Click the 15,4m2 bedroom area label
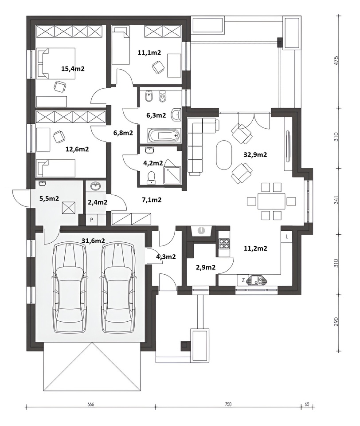73,69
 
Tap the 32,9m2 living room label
255,154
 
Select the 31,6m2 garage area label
93,241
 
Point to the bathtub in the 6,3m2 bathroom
164,135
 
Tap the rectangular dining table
271,201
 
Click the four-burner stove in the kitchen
224,244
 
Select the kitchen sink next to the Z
257,280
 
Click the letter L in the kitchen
287,237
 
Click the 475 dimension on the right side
337,60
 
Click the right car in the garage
118,288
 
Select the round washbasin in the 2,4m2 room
96,187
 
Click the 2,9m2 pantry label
206,267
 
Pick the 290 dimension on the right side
337,322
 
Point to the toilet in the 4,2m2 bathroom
151,177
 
